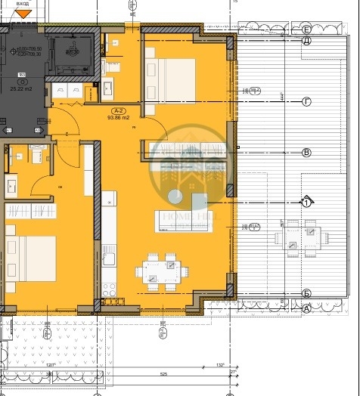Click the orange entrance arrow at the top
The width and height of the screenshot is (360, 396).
(24, 13)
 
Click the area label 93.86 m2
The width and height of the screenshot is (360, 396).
(121, 117)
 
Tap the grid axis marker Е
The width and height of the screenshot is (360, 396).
(306, 29)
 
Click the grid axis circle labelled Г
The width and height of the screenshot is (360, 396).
(306, 101)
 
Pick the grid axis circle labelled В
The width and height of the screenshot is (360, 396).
(306, 153)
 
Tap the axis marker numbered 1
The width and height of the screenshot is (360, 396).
(306, 203)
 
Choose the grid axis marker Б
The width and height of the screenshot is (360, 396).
(306, 293)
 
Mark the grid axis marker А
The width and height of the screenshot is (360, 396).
(306, 308)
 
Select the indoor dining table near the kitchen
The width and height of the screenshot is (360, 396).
(160, 272)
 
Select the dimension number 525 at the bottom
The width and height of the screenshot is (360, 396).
(162, 373)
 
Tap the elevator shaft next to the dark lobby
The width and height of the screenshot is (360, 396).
(73, 53)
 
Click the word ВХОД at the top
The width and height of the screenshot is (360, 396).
(23, 4)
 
